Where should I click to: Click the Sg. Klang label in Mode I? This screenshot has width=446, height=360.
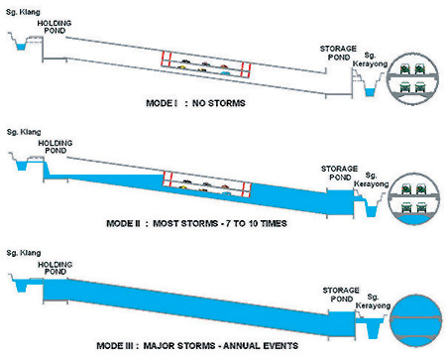pyautogui.click(x=22, y=12)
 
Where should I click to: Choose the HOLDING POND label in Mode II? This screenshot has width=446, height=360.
pyautogui.click(x=56, y=146)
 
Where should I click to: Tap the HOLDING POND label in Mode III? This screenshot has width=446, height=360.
pyautogui.click(x=56, y=266)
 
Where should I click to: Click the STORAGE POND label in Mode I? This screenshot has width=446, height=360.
pyautogui.click(x=337, y=52)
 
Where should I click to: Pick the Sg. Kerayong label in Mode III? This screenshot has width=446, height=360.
pyautogui.click(x=374, y=300)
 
